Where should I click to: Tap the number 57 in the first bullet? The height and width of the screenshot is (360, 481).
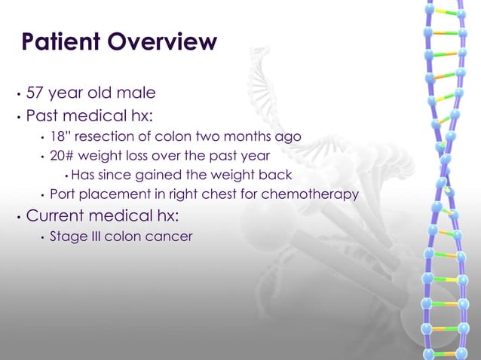pyautogui.click(x=35, y=93)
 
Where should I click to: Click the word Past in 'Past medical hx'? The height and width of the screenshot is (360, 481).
pyautogui.click(x=41, y=117)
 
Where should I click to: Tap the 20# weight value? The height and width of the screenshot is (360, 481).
pyautogui.click(x=60, y=156)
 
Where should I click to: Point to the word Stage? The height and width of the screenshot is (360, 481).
pyautogui.click(x=66, y=236)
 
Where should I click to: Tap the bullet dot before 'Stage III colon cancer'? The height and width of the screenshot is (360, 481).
pyautogui.click(x=41, y=238)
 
